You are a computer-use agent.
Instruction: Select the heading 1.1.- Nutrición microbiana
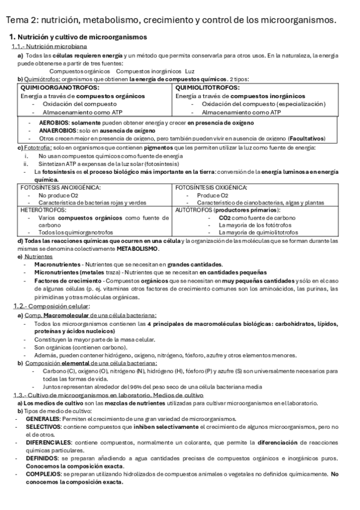49,47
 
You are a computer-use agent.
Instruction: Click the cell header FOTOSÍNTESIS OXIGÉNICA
213,188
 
